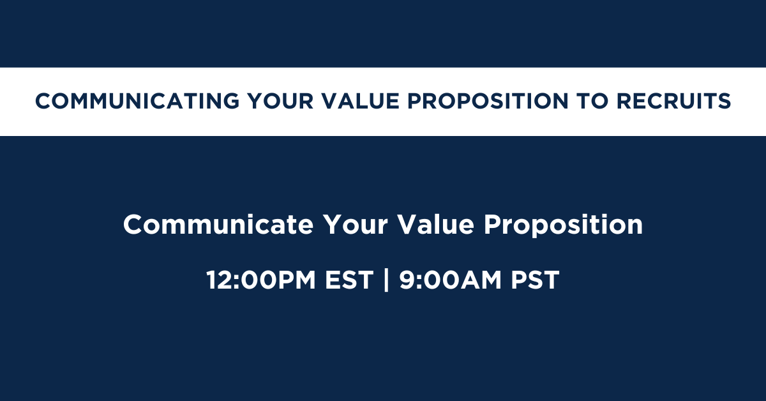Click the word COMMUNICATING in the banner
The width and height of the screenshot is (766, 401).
click(137, 102)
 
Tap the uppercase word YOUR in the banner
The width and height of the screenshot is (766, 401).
click(280, 102)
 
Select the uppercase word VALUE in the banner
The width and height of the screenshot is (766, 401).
click(361, 102)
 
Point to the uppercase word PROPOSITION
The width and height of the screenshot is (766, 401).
click(488, 102)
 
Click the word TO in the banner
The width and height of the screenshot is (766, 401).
click(592, 102)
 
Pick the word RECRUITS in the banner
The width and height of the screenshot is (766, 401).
click(673, 102)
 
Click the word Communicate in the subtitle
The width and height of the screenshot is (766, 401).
click(218, 225)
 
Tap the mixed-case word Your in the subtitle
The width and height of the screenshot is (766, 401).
click(355, 225)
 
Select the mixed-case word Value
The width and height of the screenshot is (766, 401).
click(435, 225)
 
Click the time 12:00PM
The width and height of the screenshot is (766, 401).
click(261, 280)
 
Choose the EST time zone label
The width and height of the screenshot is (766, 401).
click(349, 280)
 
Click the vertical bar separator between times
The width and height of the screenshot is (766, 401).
click(386, 280)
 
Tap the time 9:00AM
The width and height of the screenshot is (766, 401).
click(450, 280)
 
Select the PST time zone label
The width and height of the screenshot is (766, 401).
click(535, 280)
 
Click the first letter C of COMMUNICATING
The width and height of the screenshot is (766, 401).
click(44, 102)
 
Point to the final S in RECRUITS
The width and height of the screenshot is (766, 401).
click(724, 102)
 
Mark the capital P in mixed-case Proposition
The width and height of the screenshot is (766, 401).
click(492, 225)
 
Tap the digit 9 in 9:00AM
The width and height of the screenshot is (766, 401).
click(407, 280)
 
